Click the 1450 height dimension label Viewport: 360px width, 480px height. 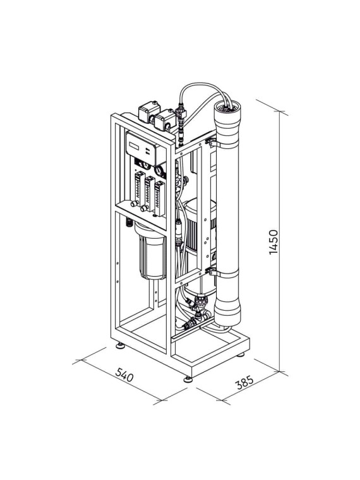pyautogui.click(x=273, y=242)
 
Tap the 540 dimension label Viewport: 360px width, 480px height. pyautogui.click(x=124, y=375)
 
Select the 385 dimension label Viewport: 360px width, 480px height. pyautogui.click(x=244, y=382)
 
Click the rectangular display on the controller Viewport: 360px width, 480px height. pyautogui.click(x=134, y=146)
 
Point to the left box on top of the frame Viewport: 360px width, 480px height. pyautogui.click(x=149, y=112)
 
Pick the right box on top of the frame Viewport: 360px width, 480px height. pyautogui.click(x=165, y=120)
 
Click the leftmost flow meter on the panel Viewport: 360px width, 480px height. pyautogui.click(x=140, y=188)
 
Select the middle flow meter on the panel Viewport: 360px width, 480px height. pyautogui.click(x=149, y=193)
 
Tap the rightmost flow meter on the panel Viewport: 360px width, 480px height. pyautogui.click(x=160, y=199)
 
